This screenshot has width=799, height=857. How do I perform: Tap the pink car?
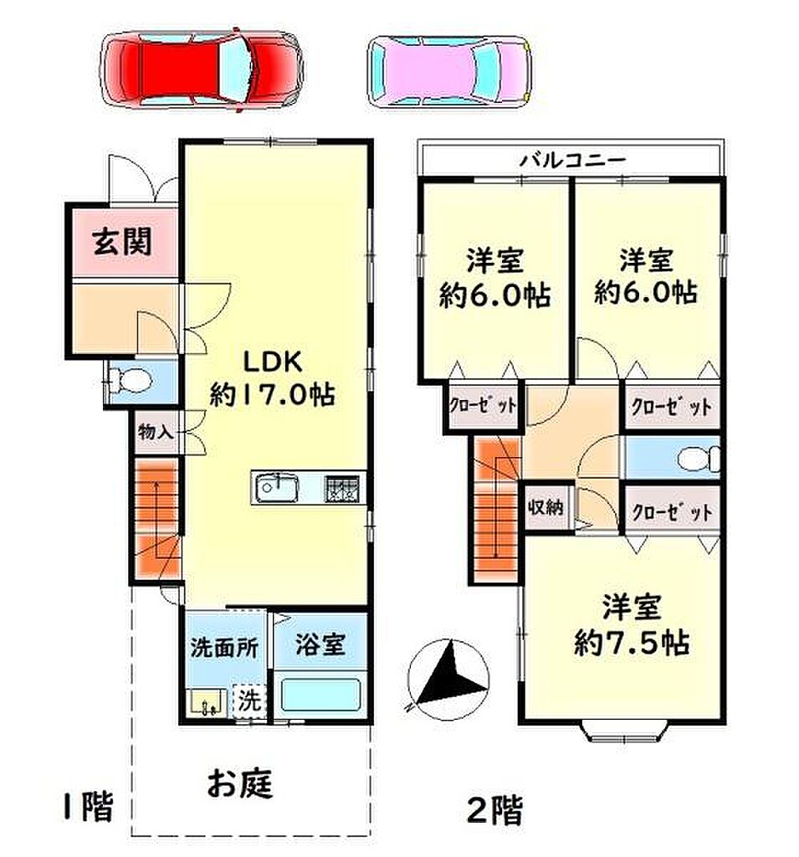449,71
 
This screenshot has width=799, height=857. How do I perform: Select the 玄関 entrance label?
122,241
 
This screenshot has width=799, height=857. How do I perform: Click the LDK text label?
272,362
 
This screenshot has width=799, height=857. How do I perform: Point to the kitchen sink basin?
277,487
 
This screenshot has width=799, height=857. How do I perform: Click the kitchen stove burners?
342,489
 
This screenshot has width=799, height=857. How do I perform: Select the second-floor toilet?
699,459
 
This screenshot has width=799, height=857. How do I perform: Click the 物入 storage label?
156,432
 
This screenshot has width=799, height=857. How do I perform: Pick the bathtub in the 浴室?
320,694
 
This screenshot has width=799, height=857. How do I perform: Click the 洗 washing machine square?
249,700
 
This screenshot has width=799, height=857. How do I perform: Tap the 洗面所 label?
224,649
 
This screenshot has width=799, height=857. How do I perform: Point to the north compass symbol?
448,680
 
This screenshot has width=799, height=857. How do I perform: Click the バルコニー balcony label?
572,161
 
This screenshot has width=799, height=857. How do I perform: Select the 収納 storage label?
545,507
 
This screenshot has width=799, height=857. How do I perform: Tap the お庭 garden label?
240,783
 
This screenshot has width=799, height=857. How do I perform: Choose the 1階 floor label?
88,806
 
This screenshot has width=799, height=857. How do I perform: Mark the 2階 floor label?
494,809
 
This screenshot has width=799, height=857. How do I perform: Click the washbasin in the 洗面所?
206,702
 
